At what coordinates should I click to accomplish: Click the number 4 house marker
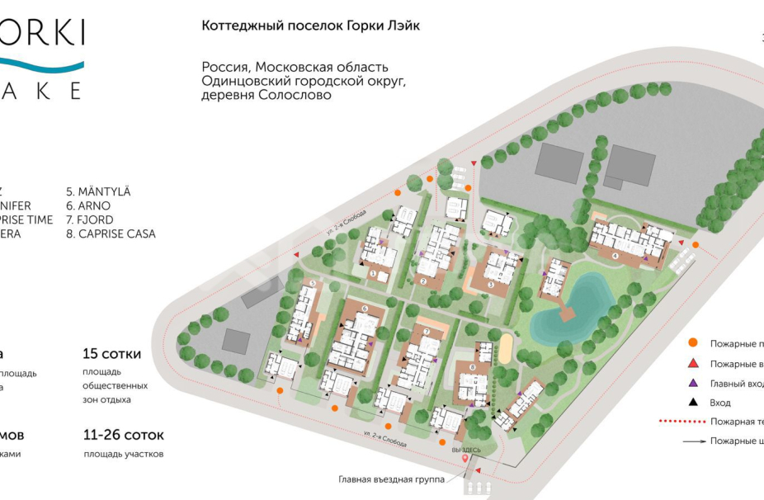pos(615,256)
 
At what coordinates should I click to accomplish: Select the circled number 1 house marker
pos(373,272)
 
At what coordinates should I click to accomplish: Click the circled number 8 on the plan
pos(472,367)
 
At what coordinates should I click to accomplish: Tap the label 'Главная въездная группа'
pos(391,479)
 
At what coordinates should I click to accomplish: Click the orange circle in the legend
pos(694,343)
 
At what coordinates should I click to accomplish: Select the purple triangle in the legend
pos(694,383)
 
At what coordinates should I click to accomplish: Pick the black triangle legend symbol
pos(694,403)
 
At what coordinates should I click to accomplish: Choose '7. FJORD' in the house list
pos(90,220)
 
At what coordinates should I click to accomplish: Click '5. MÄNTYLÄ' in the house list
pos(98,192)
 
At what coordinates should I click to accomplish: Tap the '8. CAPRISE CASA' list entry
pos(111,234)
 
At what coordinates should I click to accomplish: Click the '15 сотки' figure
pos(111,354)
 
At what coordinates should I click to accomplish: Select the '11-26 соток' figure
pos(124,435)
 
